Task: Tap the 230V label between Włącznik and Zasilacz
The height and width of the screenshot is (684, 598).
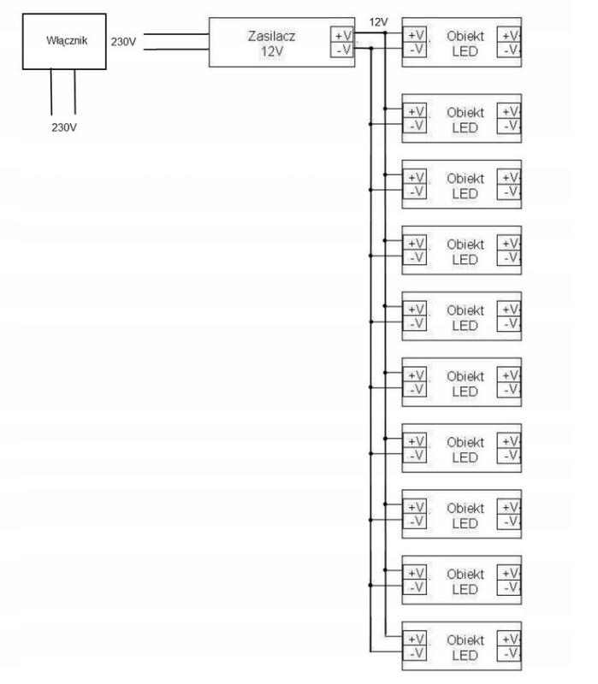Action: (124, 41)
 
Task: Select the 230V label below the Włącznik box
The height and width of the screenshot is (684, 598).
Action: (64, 127)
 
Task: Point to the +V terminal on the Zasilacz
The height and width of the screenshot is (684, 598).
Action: (340, 35)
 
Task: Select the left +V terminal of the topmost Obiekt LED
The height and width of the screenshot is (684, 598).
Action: (415, 35)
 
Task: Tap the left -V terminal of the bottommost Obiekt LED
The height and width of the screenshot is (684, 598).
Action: (415, 653)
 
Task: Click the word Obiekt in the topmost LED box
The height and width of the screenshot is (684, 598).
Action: (465, 35)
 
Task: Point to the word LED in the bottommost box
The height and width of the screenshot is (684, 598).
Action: (465, 655)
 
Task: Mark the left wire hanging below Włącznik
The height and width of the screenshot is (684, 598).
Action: (51, 91)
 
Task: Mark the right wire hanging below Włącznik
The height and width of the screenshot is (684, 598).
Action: (75, 91)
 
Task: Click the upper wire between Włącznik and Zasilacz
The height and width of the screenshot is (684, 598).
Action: (180, 35)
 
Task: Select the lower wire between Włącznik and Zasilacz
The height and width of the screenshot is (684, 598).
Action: (180, 49)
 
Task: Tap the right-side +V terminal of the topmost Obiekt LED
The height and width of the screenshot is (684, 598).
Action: (511, 35)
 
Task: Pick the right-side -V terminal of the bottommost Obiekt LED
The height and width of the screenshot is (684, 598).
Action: (511, 653)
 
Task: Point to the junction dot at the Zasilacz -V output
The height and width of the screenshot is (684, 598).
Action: (370, 49)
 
